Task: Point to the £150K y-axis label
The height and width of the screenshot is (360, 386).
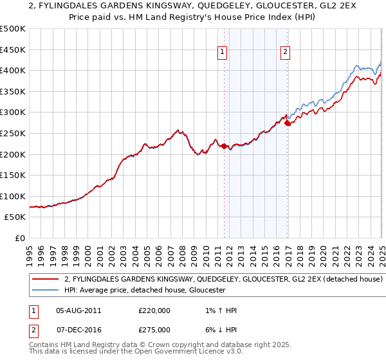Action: pyautogui.click(x=13, y=175)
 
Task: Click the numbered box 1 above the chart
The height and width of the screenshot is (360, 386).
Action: pyautogui.click(x=222, y=53)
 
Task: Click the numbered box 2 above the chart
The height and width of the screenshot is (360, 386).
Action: pyautogui.click(x=284, y=53)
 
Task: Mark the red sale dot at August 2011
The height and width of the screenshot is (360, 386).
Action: pyautogui.click(x=224, y=146)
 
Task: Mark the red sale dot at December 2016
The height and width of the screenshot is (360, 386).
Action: pyautogui.click(x=287, y=123)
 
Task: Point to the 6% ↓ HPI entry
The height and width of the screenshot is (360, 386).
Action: pyautogui.click(x=219, y=328)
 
